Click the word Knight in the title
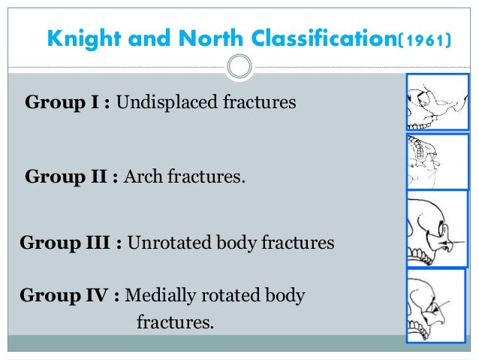[83, 37]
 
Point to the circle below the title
[239, 68]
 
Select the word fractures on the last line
[175, 323]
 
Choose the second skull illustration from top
[426, 161]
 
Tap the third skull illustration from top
[426, 229]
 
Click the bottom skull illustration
[426, 307]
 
